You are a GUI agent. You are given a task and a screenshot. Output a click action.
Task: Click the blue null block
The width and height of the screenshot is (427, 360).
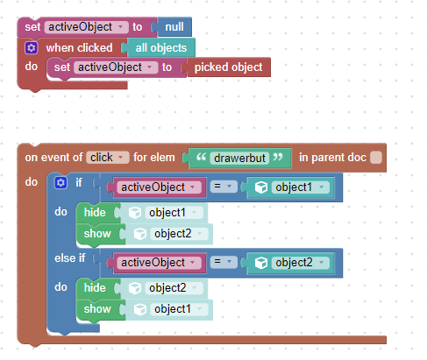click(174, 27)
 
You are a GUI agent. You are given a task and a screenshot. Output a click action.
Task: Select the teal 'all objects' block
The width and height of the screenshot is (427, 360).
click(161, 47)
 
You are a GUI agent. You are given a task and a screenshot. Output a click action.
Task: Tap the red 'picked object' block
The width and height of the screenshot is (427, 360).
click(229, 67)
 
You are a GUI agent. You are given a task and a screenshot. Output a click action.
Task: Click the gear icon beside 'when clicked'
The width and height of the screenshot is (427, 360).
click(32, 47)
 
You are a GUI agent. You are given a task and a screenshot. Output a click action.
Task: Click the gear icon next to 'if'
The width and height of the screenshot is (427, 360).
click(60, 183)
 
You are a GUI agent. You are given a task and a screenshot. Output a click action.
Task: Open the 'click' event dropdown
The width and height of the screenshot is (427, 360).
click(107, 158)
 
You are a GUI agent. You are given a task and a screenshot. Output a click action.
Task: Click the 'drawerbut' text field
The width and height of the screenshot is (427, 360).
click(239, 158)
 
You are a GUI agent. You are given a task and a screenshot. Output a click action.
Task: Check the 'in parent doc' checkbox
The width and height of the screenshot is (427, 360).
click(376, 158)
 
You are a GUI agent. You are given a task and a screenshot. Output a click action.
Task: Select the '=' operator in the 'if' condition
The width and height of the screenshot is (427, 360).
click(224, 187)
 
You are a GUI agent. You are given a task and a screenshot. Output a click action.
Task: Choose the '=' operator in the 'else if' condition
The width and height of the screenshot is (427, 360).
click(224, 262)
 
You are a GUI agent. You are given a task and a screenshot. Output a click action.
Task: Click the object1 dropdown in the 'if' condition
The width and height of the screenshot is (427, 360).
click(301, 187)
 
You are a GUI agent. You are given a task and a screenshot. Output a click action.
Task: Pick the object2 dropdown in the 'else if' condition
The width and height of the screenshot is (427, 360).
click(301, 263)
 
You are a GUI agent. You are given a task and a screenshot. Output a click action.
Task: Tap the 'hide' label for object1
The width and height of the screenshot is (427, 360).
click(95, 212)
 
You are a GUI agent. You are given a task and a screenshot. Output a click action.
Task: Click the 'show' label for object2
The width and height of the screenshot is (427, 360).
click(97, 234)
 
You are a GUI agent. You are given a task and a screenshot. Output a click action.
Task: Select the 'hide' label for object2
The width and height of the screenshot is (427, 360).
click(95, 287)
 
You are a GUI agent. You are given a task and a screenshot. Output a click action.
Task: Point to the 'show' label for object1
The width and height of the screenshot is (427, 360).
click(97, 309)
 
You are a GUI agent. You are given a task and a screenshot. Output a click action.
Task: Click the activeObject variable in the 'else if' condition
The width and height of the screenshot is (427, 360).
click(159, 263)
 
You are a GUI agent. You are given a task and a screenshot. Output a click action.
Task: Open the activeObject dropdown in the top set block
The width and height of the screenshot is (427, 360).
click(86, 27)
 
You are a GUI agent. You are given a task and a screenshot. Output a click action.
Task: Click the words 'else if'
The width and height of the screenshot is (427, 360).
click(69, 258)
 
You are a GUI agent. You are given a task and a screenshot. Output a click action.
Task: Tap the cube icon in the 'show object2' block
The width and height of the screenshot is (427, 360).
click(140, 234)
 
